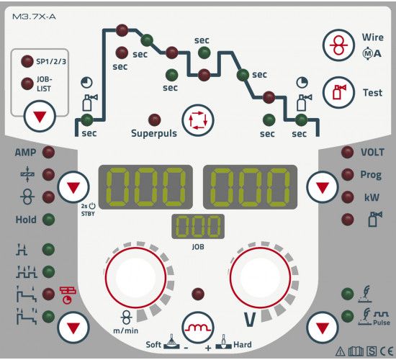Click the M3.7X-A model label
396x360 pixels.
click(34, 17)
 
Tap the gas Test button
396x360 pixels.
click(338, 92)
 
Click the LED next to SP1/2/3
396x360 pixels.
click(27, 61)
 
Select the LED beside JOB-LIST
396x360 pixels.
click(27, 84)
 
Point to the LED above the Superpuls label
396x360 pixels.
click(154, 120)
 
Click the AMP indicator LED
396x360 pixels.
click(48, 153)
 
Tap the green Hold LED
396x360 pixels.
click(48, 220)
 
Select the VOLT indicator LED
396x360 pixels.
click(347, 153)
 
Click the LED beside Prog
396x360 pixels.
click(347, 174)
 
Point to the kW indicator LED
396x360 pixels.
click(347, 197)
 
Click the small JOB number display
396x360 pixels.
click(198, 226)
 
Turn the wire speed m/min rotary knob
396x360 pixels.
click(135, 277)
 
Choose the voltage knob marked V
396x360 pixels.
click(260, 277)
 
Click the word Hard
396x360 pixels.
click(243, 345)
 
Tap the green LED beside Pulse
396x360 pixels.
click(347, 316)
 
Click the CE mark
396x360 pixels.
click(387, 351)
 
